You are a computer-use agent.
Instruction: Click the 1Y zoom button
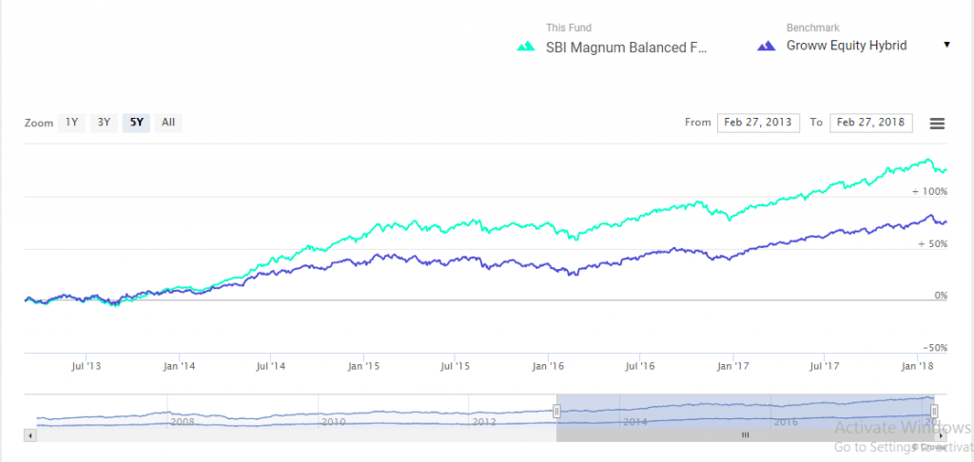[x=71, y=122]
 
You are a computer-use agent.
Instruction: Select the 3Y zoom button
[x=104, y=122]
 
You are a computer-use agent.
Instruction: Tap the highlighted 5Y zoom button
[x=137, y=122]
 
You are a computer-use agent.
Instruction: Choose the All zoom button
[x=168, y=122]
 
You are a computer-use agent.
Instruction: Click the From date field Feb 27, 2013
[x=758, y=123]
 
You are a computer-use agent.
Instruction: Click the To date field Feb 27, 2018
[x=870, y=123]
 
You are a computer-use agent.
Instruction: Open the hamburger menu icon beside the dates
[x=937, y=124]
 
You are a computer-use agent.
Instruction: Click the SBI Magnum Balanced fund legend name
[x=627, y=46]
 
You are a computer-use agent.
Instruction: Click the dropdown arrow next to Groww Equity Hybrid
[x=946, y=45]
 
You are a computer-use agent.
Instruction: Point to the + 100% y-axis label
[x=929, y=191]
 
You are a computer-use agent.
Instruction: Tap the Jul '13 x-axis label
[x=87, y=365]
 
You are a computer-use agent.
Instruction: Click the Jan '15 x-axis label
[x=363, y=365]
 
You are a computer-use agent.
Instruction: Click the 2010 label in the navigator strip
[x=333, y=421]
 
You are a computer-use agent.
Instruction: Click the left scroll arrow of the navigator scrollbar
[x=29, y=434]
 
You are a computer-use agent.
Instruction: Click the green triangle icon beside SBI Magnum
[x=525, y=46]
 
